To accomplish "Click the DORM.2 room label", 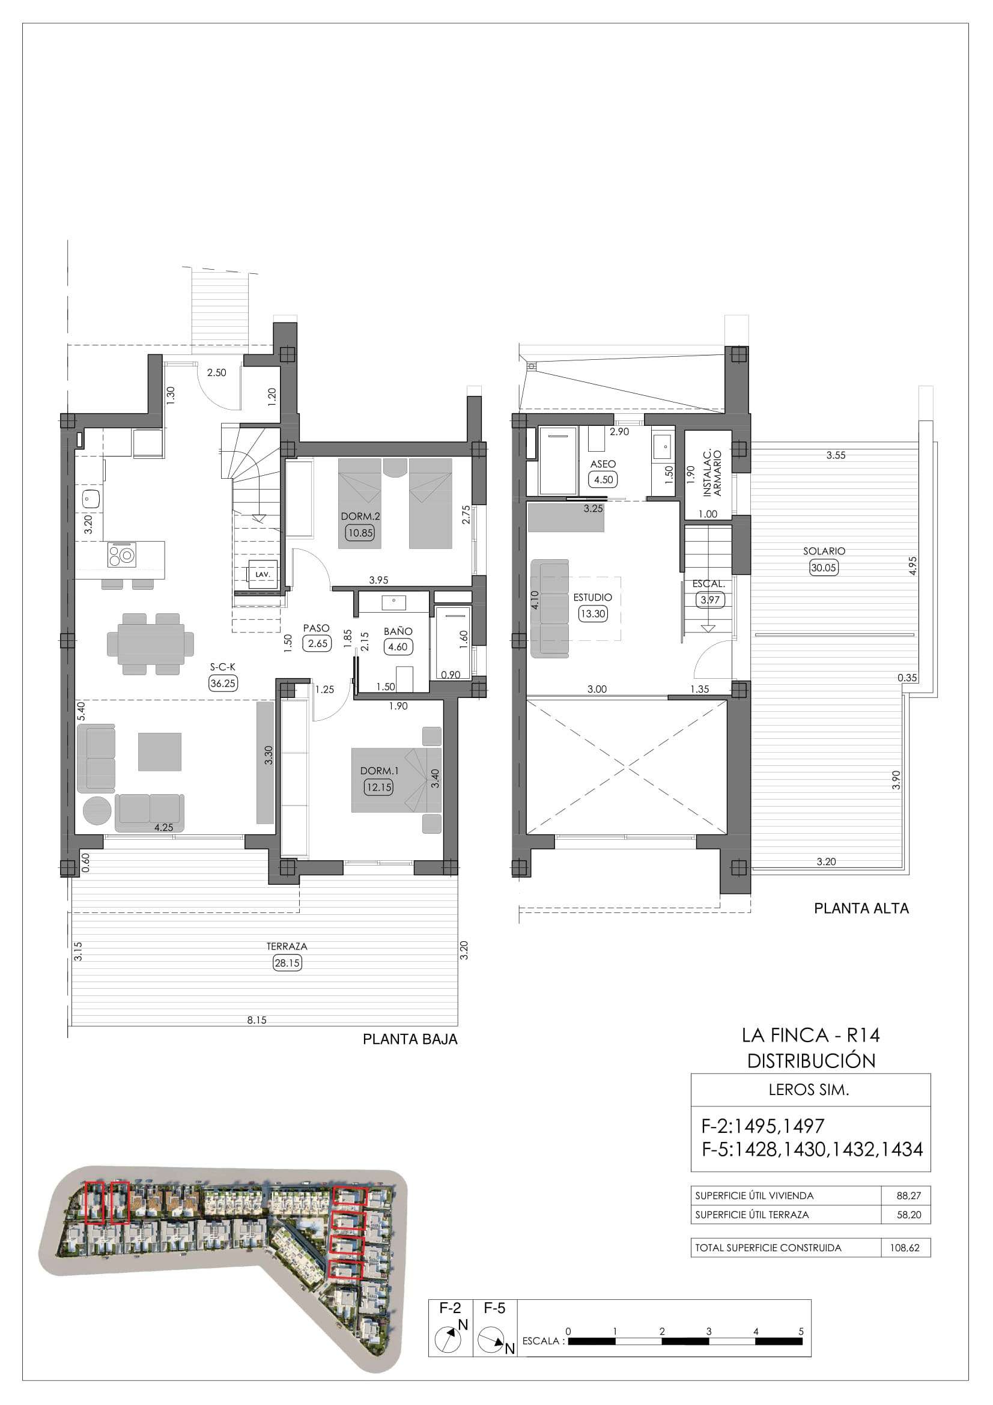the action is click(x=360, y=517).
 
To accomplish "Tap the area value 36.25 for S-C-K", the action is click(x=223, y=684).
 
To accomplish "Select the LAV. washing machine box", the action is click(x=263, y=575).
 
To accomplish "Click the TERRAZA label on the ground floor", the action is click(x=287, y=946).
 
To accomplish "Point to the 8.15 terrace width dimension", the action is click(x=257, y=1020).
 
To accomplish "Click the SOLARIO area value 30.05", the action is click(x=824, y=567).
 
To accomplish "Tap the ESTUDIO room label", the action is click(x=592, y=597).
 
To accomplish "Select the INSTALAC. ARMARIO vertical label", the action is click(x=713, y=472).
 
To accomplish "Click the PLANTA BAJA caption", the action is click(x=410, y=1039).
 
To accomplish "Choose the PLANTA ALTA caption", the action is click(x=861, y=909).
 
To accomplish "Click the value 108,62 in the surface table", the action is click(x=905, y=1248).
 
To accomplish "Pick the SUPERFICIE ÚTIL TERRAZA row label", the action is click(x=752, y=1215).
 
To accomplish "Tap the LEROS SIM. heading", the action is click(x=809, y=1090).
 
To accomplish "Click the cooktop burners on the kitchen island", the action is click(x=121, y=555).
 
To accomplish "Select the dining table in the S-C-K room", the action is click(x=151, y=644).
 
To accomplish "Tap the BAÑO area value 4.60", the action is click(x=398, y=647).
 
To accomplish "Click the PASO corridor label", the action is click(x=317, y=628).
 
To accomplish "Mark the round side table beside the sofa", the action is click(x=98, y=811).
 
